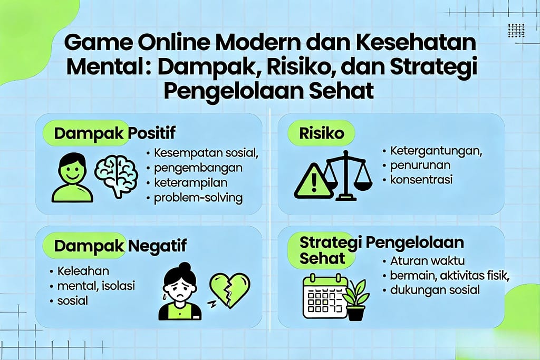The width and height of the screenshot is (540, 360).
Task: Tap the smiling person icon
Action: point(72,178)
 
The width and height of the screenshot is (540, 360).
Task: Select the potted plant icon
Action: point(356,300)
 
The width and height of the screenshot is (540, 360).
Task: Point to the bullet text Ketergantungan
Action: point(437,151)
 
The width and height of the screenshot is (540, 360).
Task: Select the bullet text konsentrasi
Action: point(421,180)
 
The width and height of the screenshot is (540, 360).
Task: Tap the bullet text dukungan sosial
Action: point(435,289)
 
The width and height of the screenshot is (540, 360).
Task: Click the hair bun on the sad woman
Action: point(184,266)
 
